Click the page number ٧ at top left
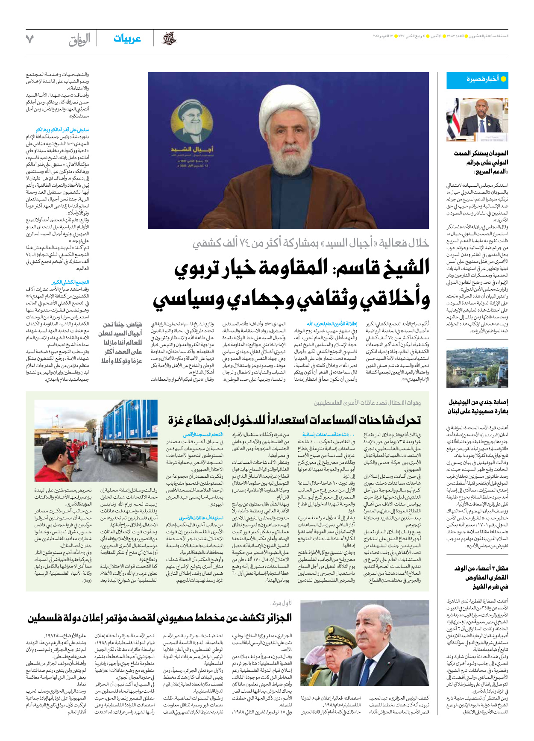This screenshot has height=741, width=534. pyautogui.click(x=29, y=39)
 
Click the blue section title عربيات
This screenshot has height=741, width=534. pyautogui.click(x=127, y=39)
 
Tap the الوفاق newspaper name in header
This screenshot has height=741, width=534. pyautogui.click(x=79, y=40)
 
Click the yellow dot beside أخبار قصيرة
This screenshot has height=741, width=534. pyautogui.click(x=503, y=79)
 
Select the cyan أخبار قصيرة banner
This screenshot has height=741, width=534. pyautogui.click(x=477, y=80)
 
